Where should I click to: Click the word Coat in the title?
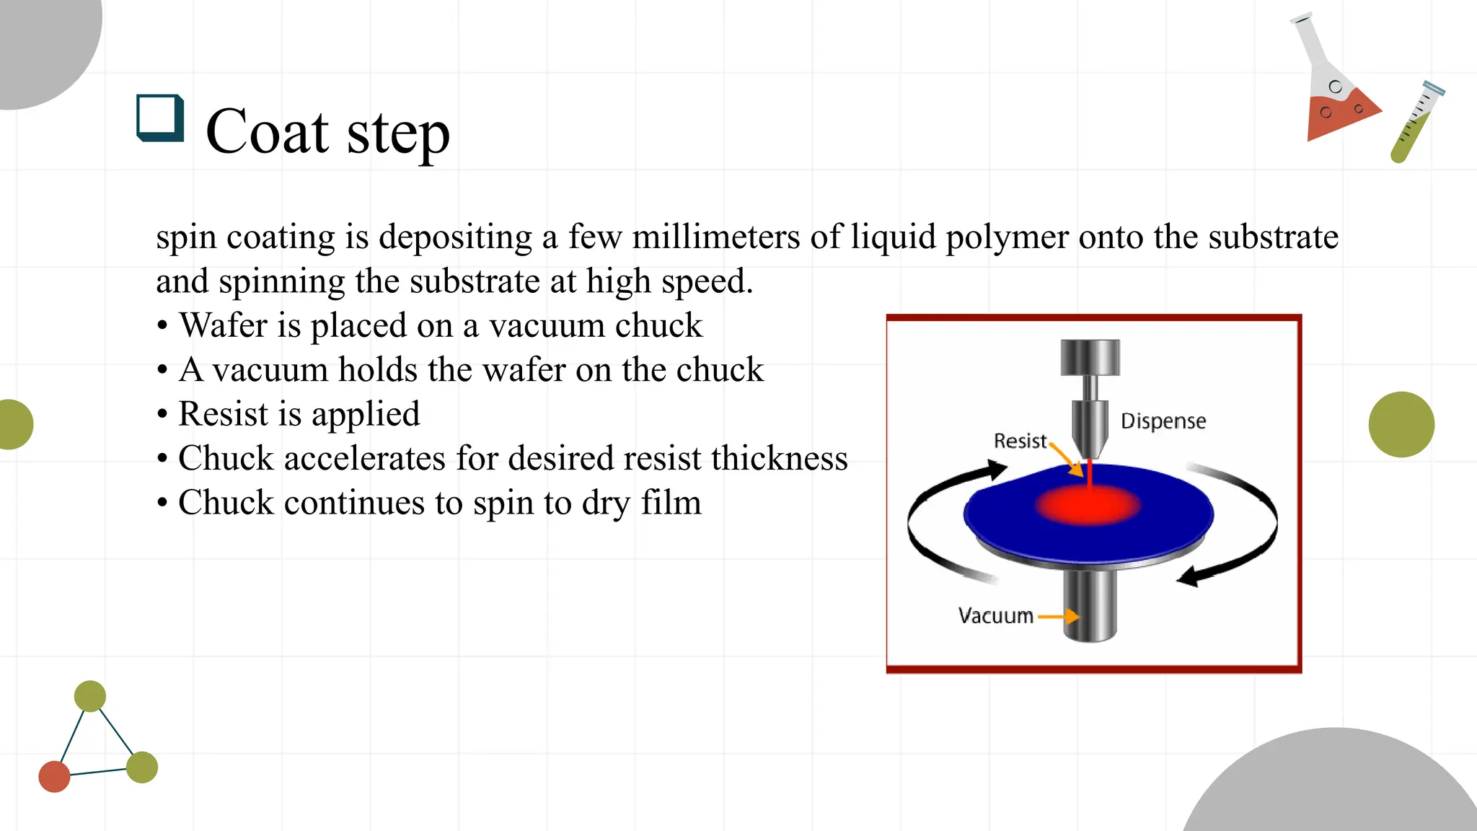click(267, 131)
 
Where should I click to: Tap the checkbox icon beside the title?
click(159, 118)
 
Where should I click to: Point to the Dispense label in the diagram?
click(1163, 421)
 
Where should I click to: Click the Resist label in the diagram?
click(1020, 441)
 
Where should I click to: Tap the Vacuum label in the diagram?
click(995, 616)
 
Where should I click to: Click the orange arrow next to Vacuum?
click(1059, 617)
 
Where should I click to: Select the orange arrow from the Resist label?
click(1066, 460)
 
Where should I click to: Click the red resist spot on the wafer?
click(1088, 504)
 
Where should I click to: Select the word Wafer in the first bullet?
click(223, 325)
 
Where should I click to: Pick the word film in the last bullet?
click(671, 503)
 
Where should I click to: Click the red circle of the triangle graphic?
click(54, 776)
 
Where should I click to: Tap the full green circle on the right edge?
click(1401, 424)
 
